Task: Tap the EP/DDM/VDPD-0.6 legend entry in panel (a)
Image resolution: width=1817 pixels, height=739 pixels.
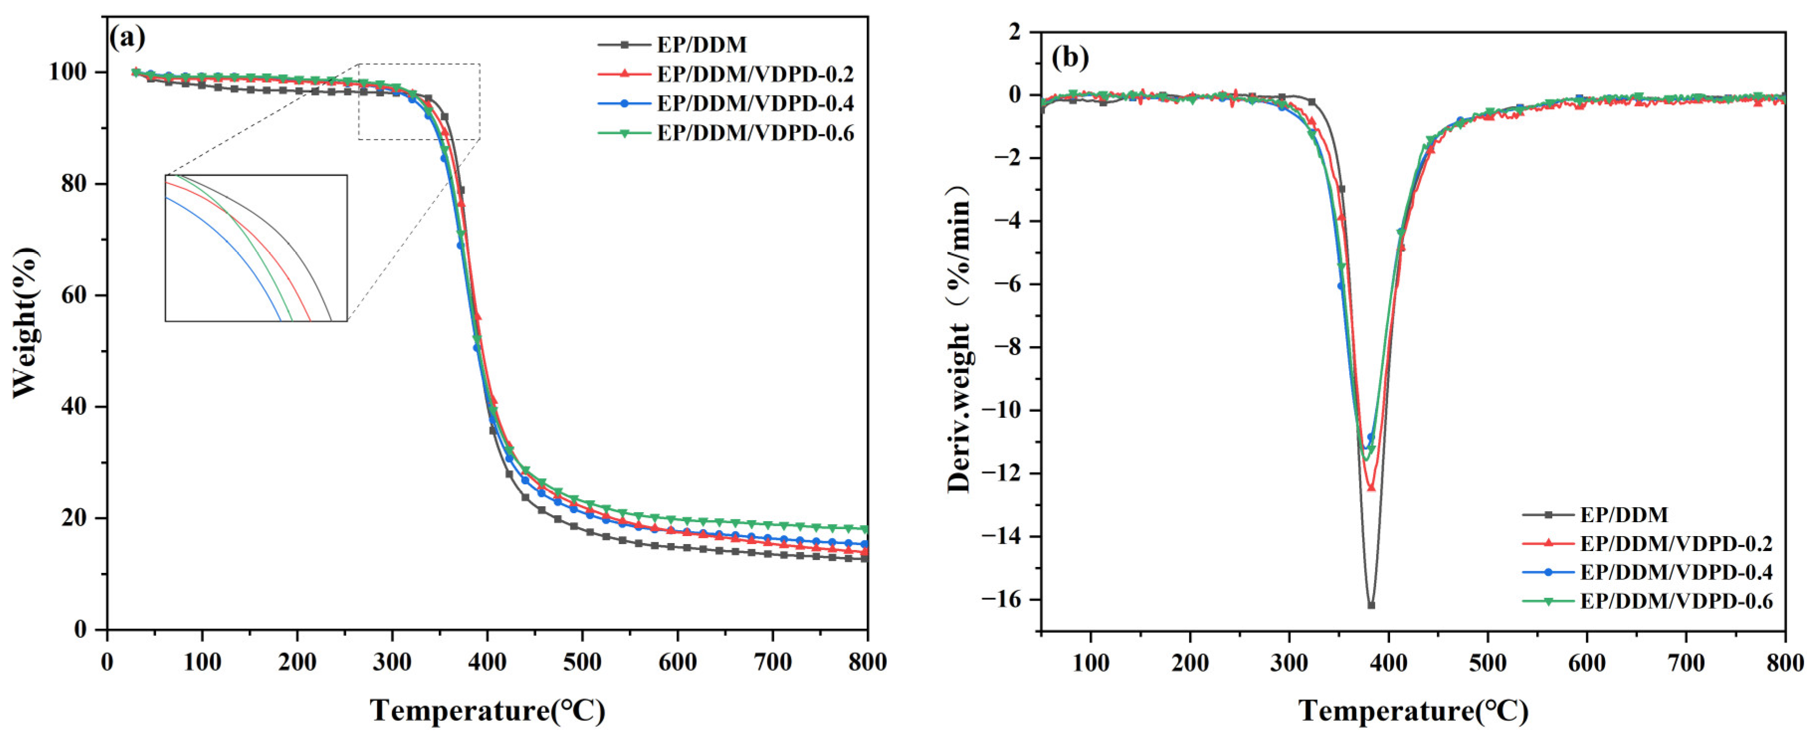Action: pyautogui.click(x=755, y=133)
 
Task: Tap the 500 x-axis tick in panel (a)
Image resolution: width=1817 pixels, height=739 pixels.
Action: pyautogui.click(x=582, y=662)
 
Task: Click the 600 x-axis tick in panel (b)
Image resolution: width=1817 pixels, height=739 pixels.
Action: pyautogui.click(x=1587, y=662)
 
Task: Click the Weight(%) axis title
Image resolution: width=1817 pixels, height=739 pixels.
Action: pyautogui.click(x=25, y=322)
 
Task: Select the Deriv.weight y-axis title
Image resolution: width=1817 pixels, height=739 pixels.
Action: pyautogui.click(x=961, y=339)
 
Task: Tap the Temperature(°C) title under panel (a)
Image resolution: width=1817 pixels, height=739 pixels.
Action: pyautogui.click(x=487, y=710)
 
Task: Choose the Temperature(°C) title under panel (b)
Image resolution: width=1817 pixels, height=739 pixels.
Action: pyautogui.click(x=1413, y=710)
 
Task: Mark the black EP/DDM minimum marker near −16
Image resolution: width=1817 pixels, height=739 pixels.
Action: pyautogui.click(x=1371, y=605)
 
